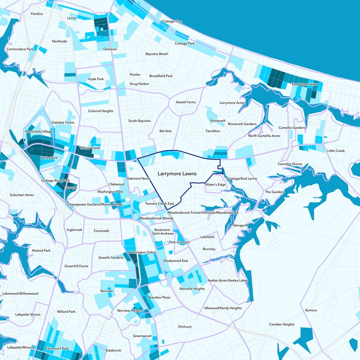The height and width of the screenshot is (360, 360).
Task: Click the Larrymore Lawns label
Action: (x=177, y=173)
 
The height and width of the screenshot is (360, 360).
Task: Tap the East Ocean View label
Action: (x=305, y=85)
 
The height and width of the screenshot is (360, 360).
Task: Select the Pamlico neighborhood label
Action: (x=36, y=14)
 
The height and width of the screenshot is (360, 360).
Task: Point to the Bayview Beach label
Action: (x=157, y=54)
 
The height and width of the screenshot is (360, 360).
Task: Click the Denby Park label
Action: (x=49, y=158)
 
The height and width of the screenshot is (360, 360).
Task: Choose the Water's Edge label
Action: (x=215, y=184)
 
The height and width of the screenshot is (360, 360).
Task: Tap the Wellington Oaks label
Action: (x=142, y=252)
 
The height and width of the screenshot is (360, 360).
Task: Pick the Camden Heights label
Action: (x=282, y=324)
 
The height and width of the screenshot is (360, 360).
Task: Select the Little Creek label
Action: (x=336, y=151)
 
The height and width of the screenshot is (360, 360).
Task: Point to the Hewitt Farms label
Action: (x=186, y=103)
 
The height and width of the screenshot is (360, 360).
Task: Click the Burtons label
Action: (x=311, y=310)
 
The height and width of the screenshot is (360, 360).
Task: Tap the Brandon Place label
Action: (x=159, y=297)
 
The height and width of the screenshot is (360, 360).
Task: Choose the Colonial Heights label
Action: (x=101, y=111)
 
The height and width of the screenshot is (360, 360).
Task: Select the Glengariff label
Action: (x=241, y=225)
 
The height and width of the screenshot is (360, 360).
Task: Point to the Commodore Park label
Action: (x=20, y=49)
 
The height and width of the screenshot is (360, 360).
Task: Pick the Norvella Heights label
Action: (x=192, y=288)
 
